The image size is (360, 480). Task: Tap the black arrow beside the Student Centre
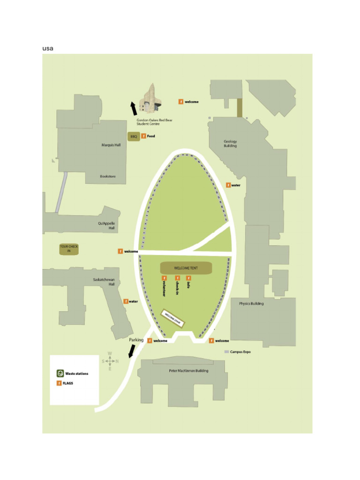pyautogui.click(x=134, y=108)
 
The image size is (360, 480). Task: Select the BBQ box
pyautogui.click(x=134, y=136)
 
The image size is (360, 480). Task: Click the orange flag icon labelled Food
pyautogui.click(x=143, y=136)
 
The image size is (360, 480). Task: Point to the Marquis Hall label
pyautogui.click(x=111, y=145)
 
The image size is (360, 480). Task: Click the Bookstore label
pyautogui.click(x=107, y=176)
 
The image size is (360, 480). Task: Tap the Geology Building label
pyautogui.click(x=230, y=143)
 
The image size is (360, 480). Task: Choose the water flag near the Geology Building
pyautogui.click(x=228, y=185)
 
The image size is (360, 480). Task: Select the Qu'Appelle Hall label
pyautogui.click(x=107, y=225)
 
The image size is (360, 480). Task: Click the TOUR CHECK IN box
pyautogui.click(x=69, y=249)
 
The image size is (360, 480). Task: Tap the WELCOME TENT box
pyautogui.click(x=186, y=268)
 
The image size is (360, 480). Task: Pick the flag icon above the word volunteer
pyautogui.click(x=164, y=278)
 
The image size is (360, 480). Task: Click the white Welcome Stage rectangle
pyautogui.click(x=173, y=319)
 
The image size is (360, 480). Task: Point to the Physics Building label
pyautogui.click(x=251, y=303)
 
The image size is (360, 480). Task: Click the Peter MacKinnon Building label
pyautogui.click(x=188, y=371)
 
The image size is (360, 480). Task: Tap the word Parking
pyautogui.click(x=136, y=340)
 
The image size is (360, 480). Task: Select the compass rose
pyautogui.click(x=110, y=361)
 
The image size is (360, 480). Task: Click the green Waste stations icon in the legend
pyautogui.click(x=60, y=374)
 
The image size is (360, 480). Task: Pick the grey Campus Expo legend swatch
pyautogui.click(x=226, y=352)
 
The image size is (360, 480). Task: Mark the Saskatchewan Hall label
pyautogui.click(x=104, y=282)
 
